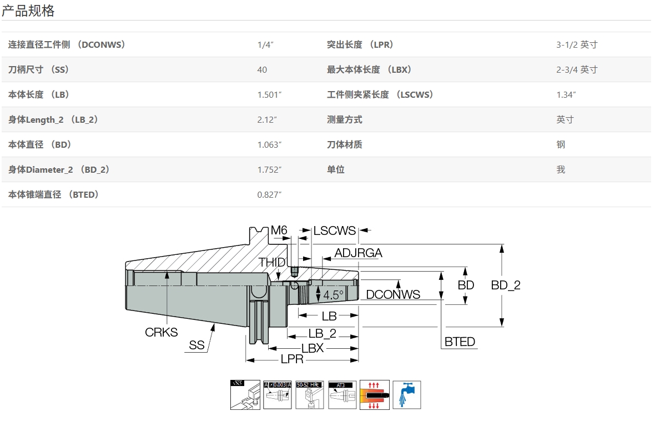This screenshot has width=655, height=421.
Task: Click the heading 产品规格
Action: point(28,11)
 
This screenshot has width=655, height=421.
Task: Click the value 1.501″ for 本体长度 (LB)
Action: point(270,94)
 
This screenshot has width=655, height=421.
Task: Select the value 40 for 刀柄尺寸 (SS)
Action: point(262,69)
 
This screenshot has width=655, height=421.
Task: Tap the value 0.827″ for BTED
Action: point(270,194)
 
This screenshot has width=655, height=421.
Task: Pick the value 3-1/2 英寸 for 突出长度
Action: point(577,44)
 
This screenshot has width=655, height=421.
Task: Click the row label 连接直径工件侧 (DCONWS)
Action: point(67,44)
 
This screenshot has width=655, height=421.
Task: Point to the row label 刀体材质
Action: point(345,144)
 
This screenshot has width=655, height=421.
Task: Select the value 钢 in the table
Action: point(561,144)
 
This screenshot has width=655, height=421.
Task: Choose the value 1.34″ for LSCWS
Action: point(566,94)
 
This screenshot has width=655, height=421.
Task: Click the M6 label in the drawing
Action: point(279,230)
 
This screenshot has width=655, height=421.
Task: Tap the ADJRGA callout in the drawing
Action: point(358,253)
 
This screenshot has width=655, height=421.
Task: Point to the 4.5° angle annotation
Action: point(334,295)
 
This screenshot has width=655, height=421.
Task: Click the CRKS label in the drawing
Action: point(161,332)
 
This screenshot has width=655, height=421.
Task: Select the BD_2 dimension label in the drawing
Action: point(506,285)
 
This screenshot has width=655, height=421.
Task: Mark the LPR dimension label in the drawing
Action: point(292,359)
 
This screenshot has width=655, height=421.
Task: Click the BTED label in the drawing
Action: point(460,342)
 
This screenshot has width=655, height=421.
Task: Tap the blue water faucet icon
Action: point(407,395)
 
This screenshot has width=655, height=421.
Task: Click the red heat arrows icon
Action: point(374,395)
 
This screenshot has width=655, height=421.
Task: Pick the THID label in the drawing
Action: point(272,262)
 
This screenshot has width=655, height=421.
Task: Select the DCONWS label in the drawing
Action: point(393,294)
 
